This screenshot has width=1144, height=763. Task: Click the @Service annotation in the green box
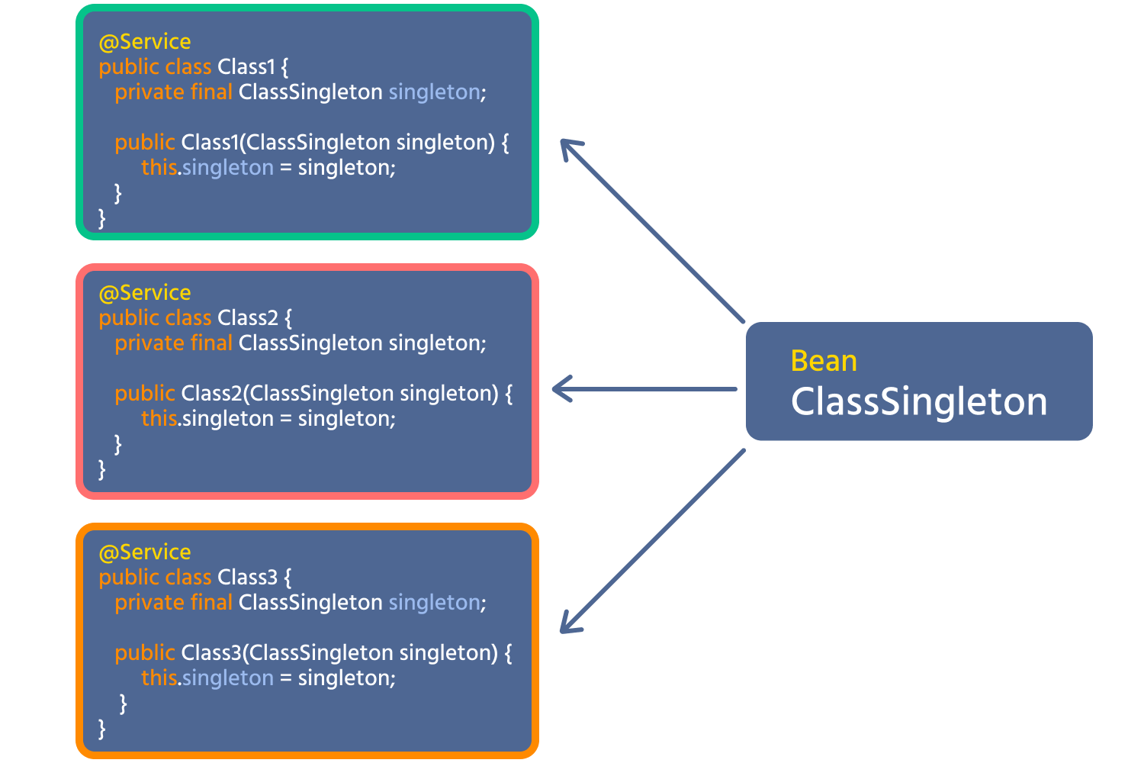pyautogui.click(x=145, y=42)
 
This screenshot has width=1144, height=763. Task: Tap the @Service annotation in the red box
pyautogui.click(x=145, y=293)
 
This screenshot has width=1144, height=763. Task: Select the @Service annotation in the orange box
pyautogui.click(x=145, y=552)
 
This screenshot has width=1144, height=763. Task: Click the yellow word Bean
pyautogui.click(x=824, y=361)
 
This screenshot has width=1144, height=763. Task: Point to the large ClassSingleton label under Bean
pyautogui.click(x=919, y=401)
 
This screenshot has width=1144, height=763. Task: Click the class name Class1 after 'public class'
pyautogui.click(x=246, y=67)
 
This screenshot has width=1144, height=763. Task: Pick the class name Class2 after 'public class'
pyautogui.click(x=248, y=318)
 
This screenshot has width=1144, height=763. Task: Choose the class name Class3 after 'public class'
pyautogui.click(x=248, y=577)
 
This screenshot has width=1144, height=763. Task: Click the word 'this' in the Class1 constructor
pyautogui.click(x=159, y=168)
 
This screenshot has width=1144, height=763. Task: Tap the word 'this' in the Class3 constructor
pyautogui.click(x=159, y=678)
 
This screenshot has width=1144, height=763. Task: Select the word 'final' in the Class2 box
pyautogui.click(x=211, y=343)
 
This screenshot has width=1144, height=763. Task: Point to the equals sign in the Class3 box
pyautogui.click(x=286, y=678)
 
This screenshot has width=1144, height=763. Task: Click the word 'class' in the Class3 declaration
pyautogui.click(x=188, y=577)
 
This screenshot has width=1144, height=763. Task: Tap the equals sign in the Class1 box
pyautogui.click(x=286, y=168)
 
